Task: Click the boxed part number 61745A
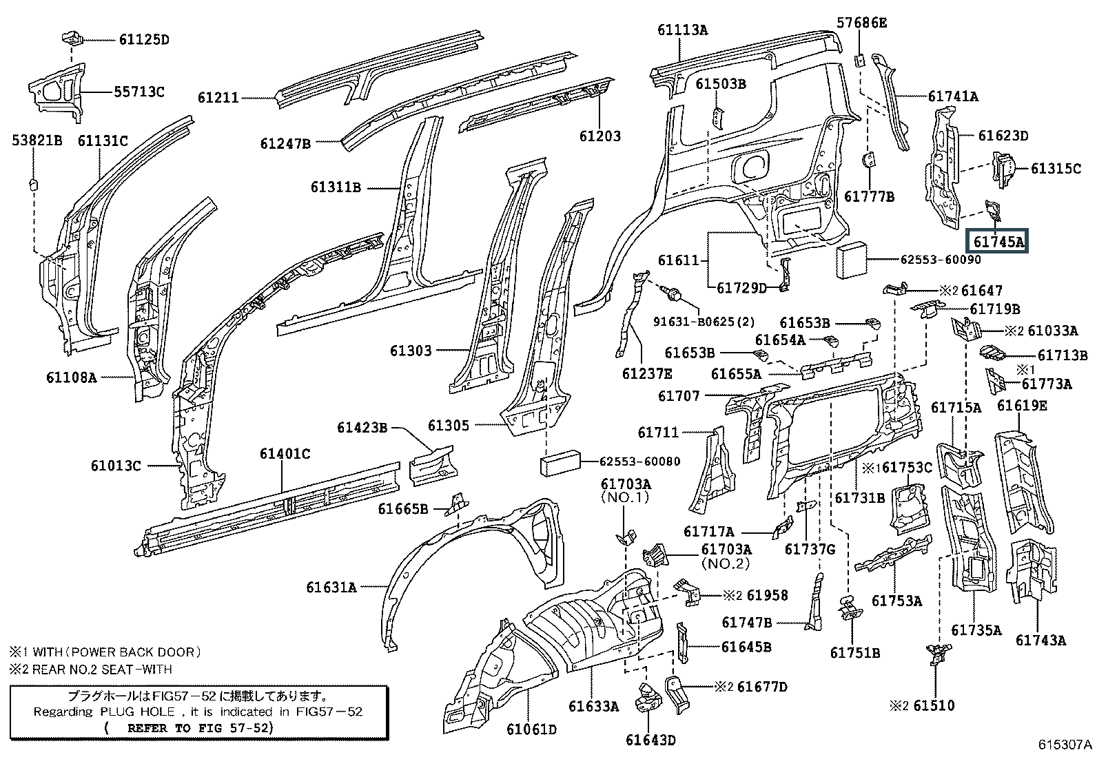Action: pos(998,242)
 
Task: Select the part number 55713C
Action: pos(139,92)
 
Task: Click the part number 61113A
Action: pos(682,30)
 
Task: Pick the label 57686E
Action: pos(862,23)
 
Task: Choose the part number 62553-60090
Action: pos(943,260)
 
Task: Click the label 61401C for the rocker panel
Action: pos(285,453)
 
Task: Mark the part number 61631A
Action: pos(332,588)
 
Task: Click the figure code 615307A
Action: pos(1066,745)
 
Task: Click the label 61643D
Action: pos(650,740)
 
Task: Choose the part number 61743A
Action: pos(1040,640)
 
